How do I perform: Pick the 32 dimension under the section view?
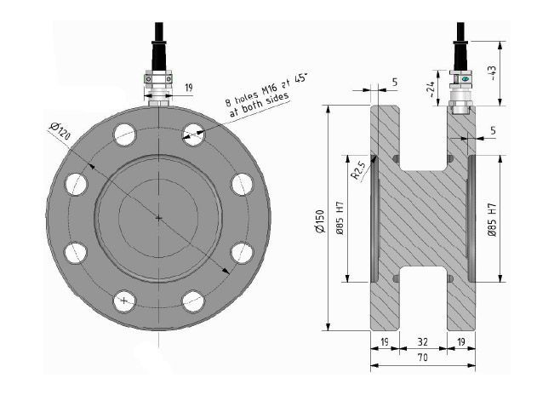click(422, 341)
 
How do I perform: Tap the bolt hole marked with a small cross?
click(125, 301)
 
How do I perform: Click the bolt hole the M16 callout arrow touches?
click(193, 133)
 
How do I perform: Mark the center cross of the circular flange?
click(159, 218)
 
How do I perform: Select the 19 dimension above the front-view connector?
click(189, 88)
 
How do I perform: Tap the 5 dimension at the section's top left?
click(395, 83)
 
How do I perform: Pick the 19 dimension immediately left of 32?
click(384, 341)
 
